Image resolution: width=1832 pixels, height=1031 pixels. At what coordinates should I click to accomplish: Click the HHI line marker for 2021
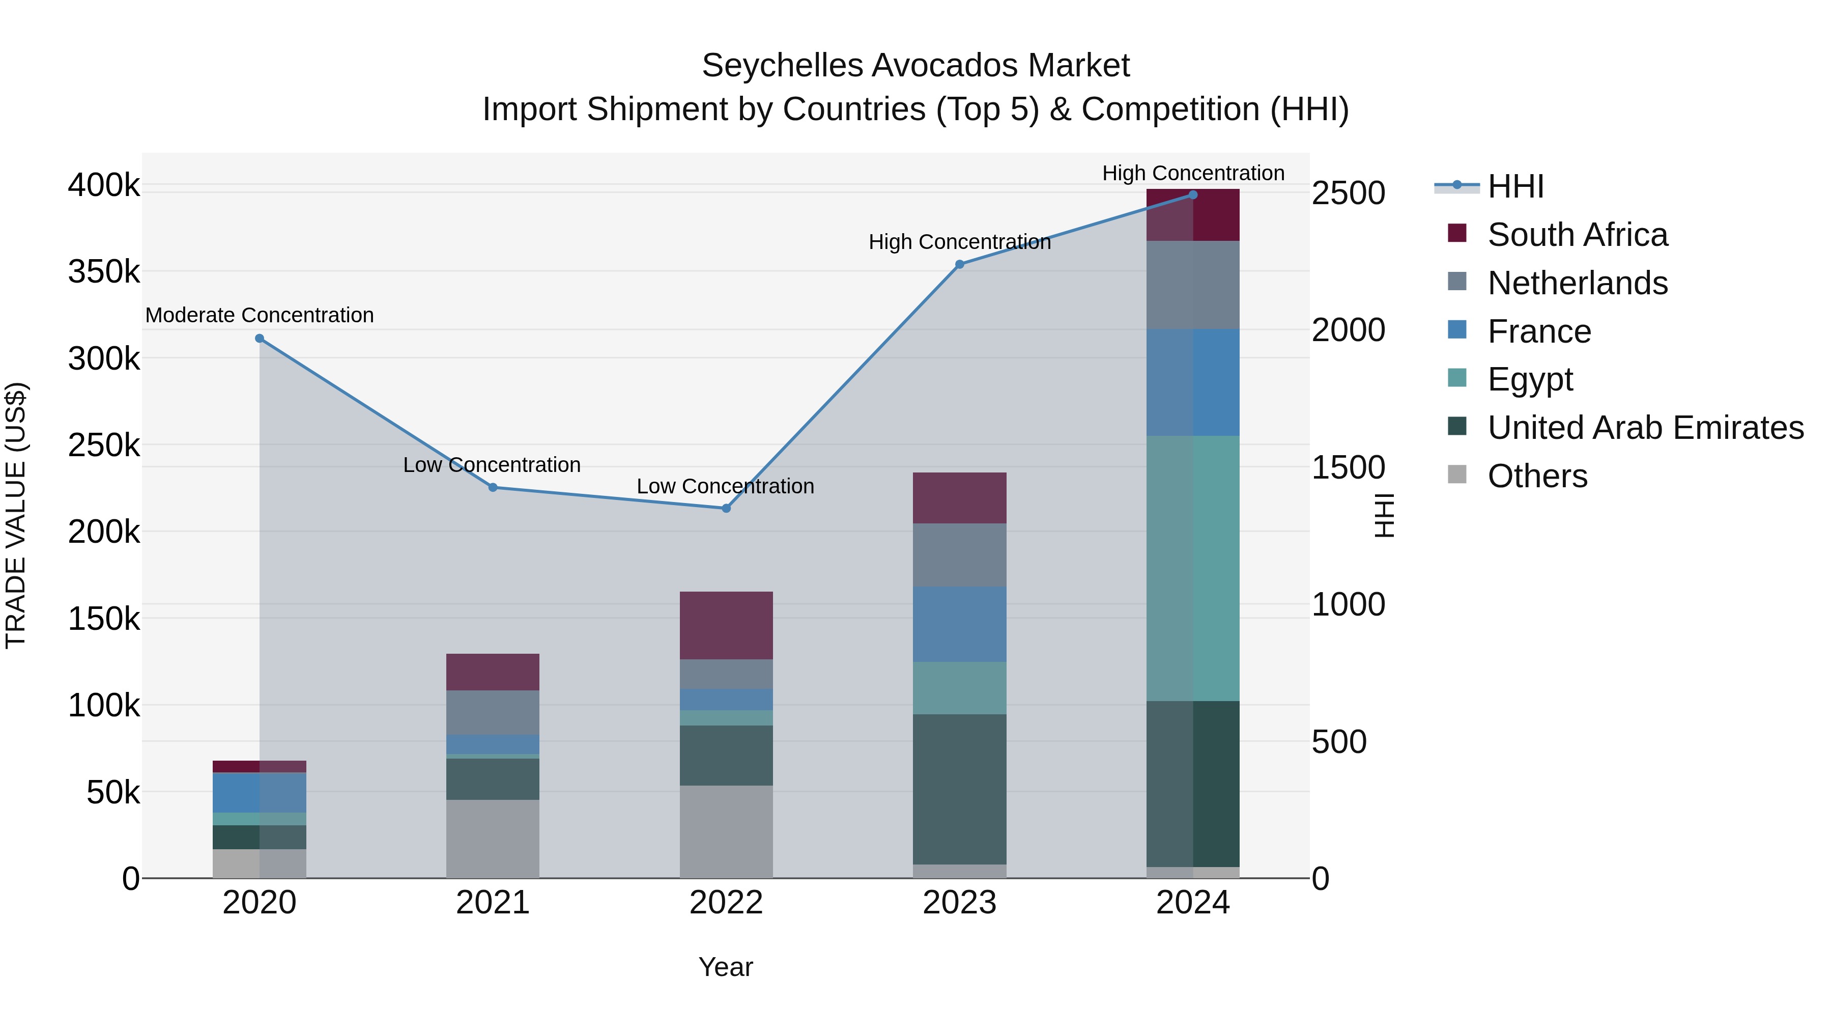pyautogui.click(x=493, y=487)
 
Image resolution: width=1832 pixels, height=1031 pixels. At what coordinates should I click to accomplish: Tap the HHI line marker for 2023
pyautogui.click(x=959, y=264)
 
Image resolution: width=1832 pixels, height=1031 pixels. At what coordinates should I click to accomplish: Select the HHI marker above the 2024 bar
pyautogui.click(x=1193, y=195)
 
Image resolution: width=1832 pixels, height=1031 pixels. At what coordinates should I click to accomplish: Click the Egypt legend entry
pyautogui.click(x=1530, y=379)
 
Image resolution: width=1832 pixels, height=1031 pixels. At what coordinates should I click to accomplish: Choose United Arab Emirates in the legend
pyautogui.click(x=1645, y=428)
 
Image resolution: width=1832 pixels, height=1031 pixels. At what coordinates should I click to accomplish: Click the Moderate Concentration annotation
pyautogui.click(x=260, y=315)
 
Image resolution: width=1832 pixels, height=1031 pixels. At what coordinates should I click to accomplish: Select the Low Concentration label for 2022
pyautogui.click(x=725, y=487)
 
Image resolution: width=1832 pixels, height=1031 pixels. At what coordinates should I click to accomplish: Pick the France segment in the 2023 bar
pyautogui.click(x=959, y=624)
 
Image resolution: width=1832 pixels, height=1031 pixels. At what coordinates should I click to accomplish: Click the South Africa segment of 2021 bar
pyautogui.click(x=493, y=672)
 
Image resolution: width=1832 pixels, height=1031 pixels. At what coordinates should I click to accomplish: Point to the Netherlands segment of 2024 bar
pyautogui.click(x=1193, y=285)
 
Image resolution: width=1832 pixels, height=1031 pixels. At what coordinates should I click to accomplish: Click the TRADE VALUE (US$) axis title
pyautogui.click(x=16, y=515)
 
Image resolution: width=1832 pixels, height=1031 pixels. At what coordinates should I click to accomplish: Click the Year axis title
pyautogui.click(x=725, y=967)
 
